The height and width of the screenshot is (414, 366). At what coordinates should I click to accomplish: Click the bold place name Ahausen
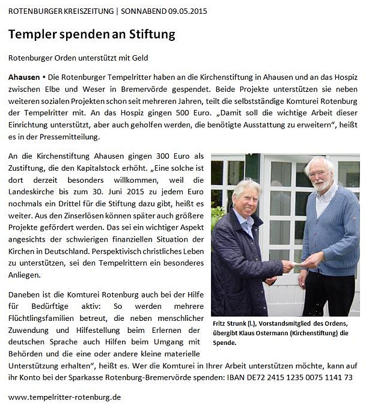[x=24, y=79]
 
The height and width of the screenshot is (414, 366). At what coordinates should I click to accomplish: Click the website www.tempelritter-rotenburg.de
[x=65, y=397]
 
